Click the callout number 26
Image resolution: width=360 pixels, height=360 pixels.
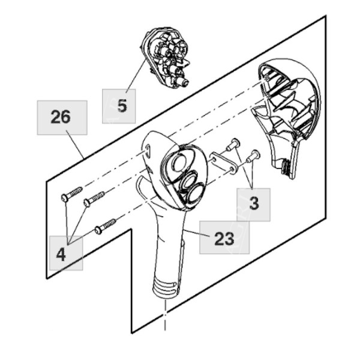point(61,117)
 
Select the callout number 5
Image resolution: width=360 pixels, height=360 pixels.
point(122,106)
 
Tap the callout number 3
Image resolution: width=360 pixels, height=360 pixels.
point(254,203)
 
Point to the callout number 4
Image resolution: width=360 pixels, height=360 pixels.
point(61,254)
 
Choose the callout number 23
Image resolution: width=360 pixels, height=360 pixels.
point(224,239)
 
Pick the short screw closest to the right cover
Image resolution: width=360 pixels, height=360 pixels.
point(253,155)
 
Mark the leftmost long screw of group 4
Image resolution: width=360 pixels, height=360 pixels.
point(71,194)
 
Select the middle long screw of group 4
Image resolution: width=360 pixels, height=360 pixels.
point(94,199)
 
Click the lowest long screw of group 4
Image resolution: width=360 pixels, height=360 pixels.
point(104,226)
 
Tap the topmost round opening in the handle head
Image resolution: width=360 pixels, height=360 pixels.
point(178,163)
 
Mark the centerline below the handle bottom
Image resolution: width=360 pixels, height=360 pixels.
point(164,315)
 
